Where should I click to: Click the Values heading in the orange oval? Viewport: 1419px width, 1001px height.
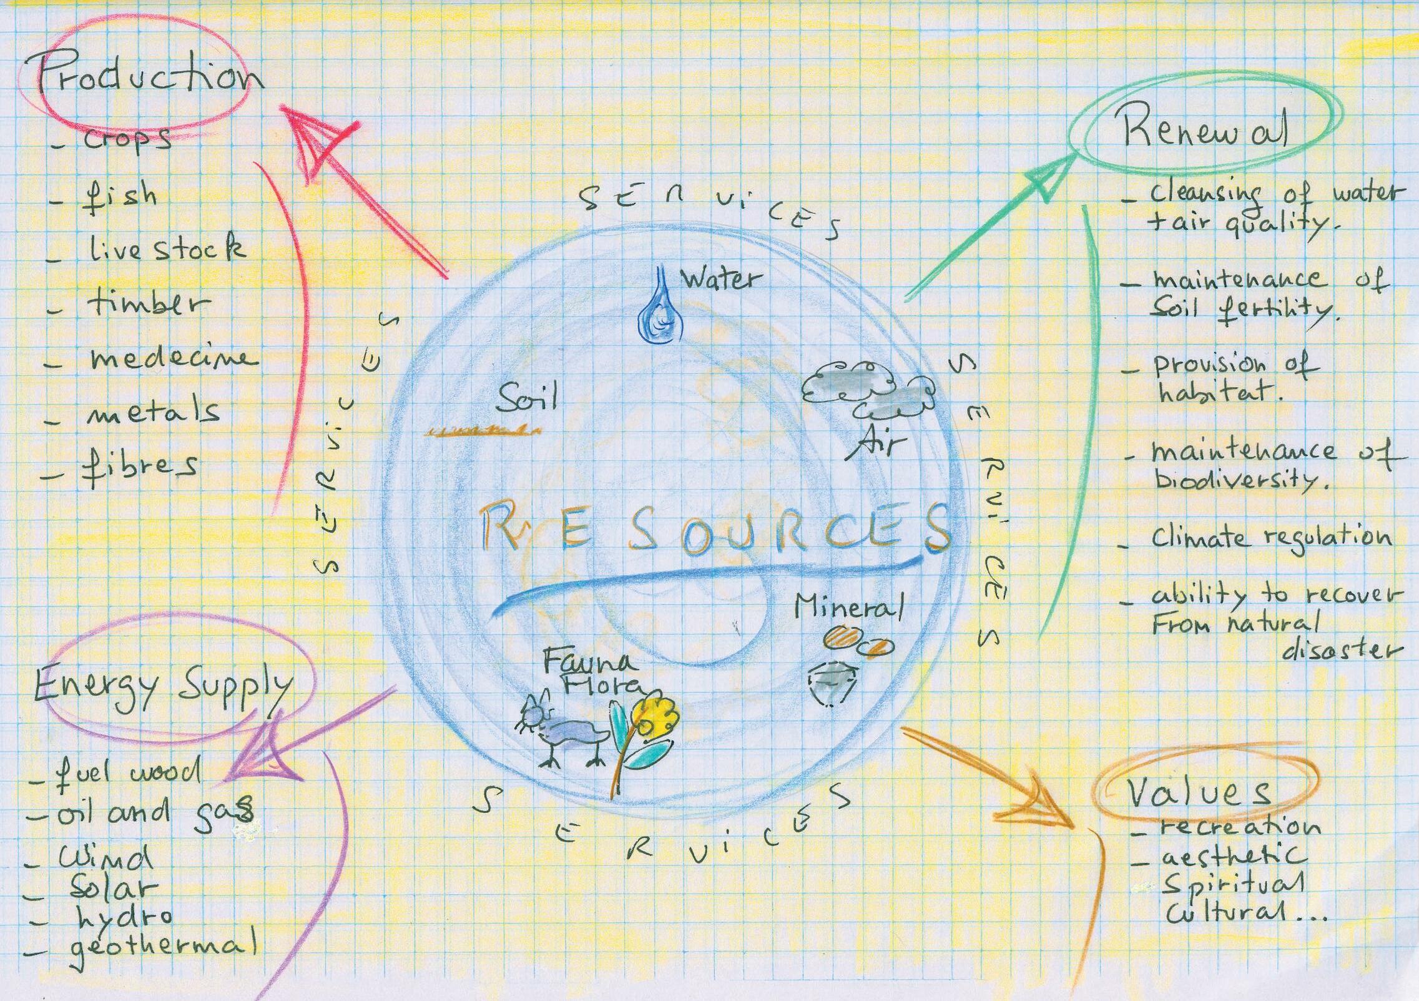tap(1199, 793)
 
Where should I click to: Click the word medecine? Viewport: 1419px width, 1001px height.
tap(172, 358)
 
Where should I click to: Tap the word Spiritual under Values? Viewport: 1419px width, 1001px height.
tap(1234, 884)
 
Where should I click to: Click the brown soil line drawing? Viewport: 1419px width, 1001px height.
tap(481, 430)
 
